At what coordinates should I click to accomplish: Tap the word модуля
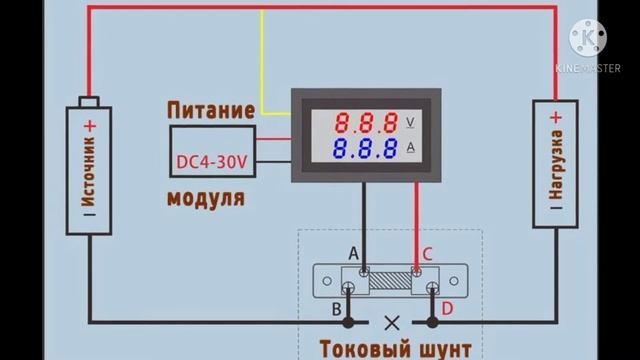[206, 197]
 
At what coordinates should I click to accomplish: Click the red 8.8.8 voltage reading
[367, 124]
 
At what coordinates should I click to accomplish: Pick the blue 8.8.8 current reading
[367, 151]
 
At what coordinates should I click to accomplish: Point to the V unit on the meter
[412, 122]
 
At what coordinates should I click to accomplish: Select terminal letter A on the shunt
[353, 255]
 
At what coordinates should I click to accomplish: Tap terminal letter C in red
[427, 255]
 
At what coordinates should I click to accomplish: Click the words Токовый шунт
[392, 348]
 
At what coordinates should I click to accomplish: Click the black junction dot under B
[348, 324]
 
